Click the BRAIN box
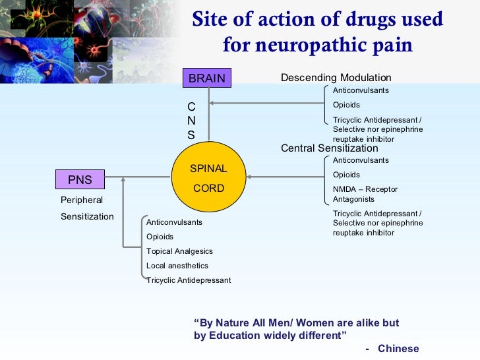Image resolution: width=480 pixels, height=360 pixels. point(206,78)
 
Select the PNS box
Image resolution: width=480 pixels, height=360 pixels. point(80,179)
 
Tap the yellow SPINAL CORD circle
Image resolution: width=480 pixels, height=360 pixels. point(208,178)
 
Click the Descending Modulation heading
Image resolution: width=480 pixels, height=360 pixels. point(336,78)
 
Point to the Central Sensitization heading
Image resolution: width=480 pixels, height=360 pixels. point(329,148)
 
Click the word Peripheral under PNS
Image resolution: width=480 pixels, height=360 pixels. point(82,200)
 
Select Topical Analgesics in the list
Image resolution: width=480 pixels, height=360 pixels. point(179,251)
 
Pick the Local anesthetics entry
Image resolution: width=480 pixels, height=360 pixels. point(177,266)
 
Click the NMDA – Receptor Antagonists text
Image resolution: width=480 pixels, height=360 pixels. point(365,194)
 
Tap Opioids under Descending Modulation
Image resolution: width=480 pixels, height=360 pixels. point(346,105)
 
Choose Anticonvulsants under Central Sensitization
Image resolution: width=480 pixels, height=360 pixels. point(361,160)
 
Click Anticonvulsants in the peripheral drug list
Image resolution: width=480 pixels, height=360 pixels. point(174,222)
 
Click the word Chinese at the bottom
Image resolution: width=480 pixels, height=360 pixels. point(398,348)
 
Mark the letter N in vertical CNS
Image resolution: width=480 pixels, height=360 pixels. point(191,121)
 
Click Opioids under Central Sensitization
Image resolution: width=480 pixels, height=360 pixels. point(346,175)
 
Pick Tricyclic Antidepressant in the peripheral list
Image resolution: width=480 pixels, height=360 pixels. point(189,280)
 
